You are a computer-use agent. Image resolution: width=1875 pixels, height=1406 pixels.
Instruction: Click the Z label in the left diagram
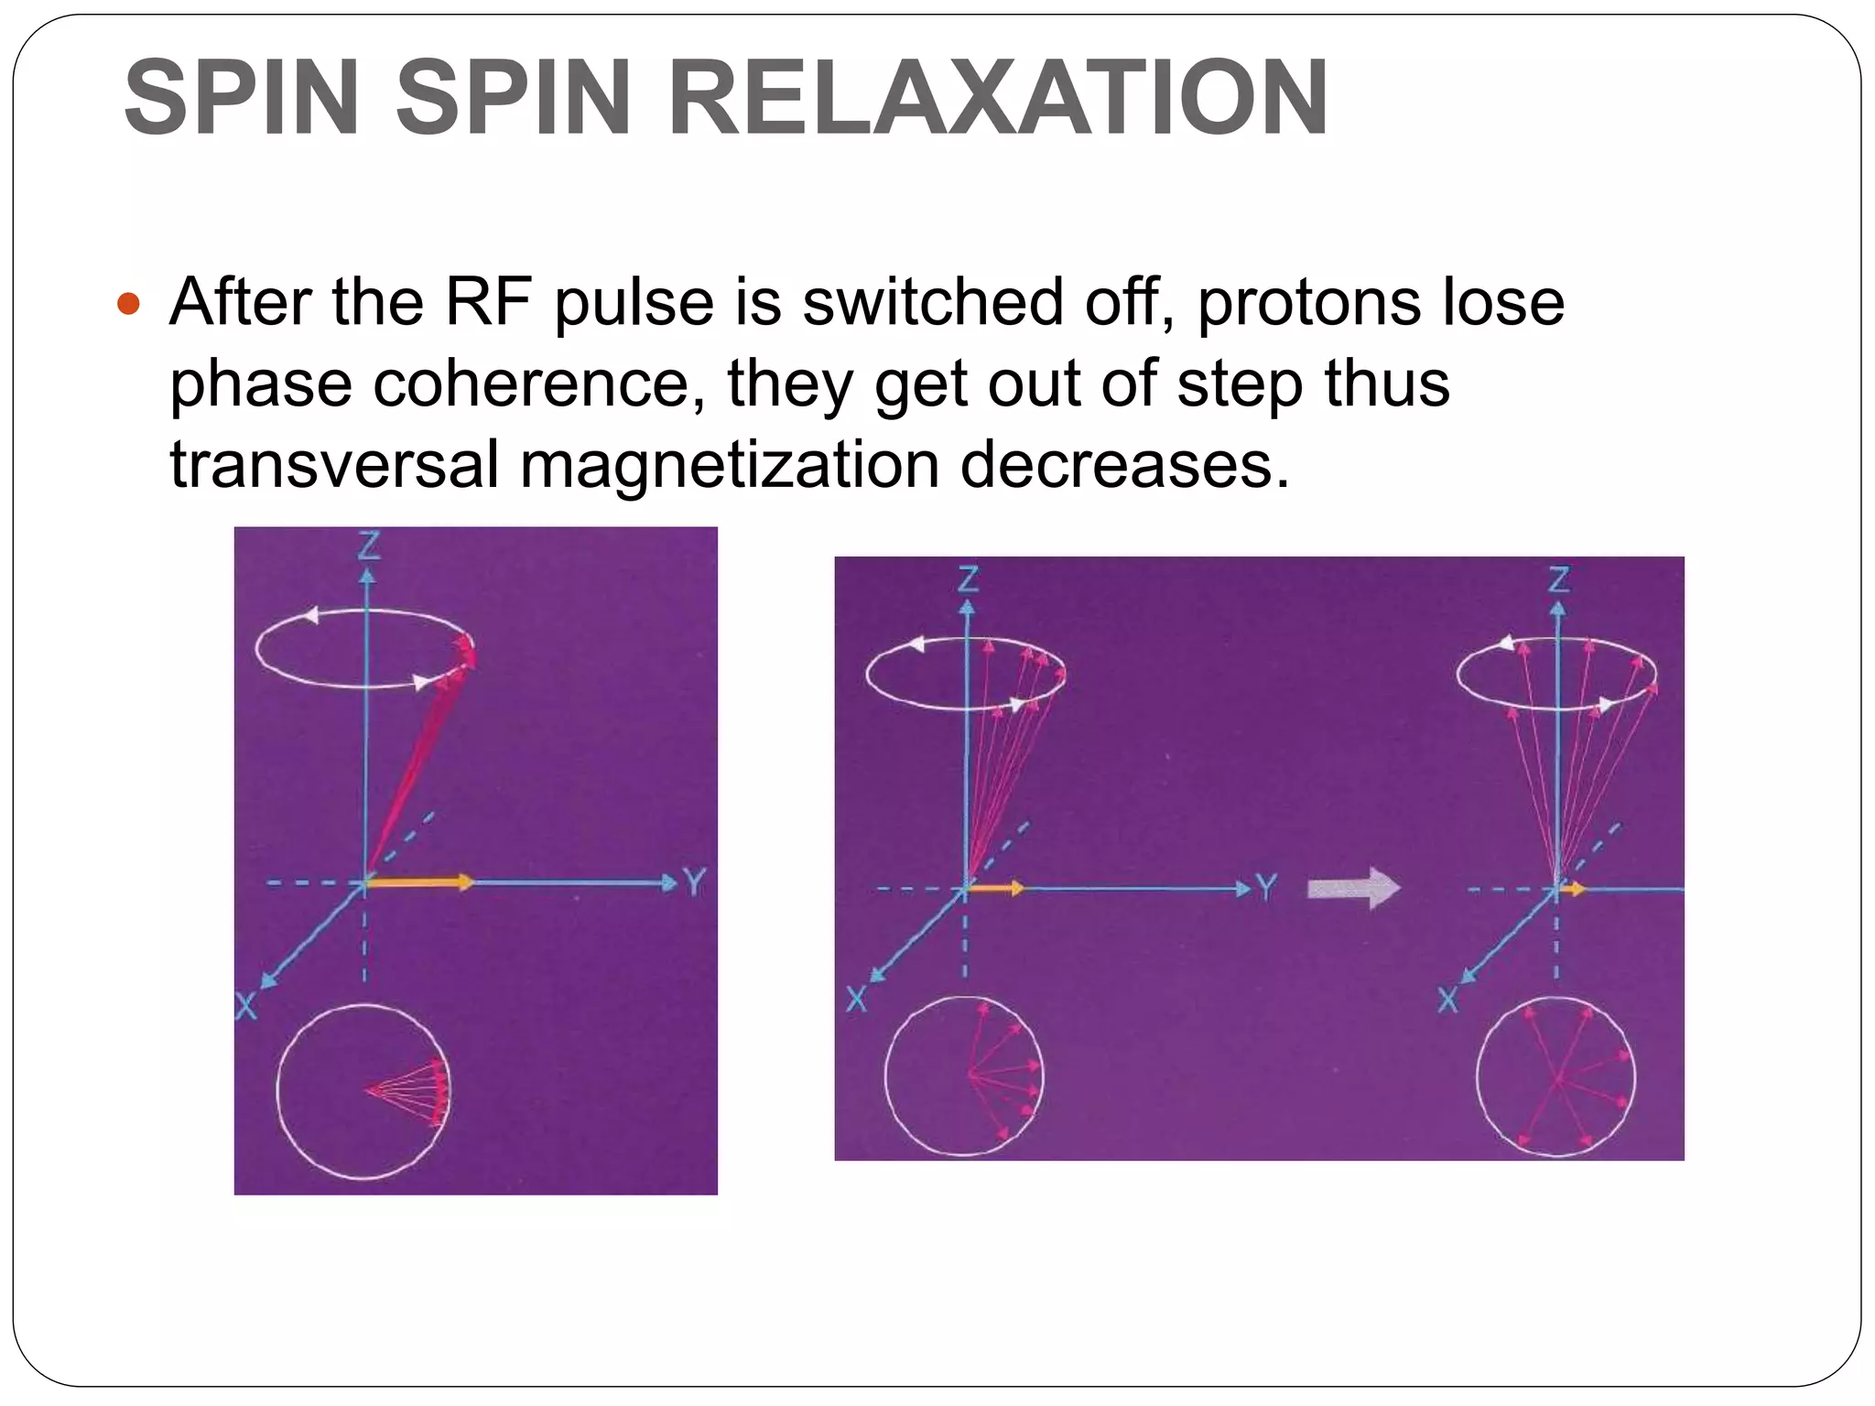click(368, 546)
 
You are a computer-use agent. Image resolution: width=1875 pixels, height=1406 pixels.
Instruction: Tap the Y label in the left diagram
click(695, 883)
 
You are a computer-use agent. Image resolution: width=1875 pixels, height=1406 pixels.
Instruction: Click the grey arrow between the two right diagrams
click(1353, 888)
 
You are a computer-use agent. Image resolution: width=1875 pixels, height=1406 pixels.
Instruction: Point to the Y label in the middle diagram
click(1265, 887)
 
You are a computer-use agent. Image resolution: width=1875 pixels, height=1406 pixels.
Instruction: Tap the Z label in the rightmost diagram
click(1558, 579)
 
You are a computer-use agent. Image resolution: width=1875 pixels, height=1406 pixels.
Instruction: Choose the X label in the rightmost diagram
click(1447, 1000)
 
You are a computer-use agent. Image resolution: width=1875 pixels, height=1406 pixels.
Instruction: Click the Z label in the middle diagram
click(968, 579)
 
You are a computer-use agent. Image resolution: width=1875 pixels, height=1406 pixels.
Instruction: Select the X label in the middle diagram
click(856, 1000)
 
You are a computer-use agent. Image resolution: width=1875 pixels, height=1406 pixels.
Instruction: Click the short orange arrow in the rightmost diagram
click(1574, 888)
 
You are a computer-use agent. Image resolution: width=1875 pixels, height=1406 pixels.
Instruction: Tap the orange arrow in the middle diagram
click(996, 888)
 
